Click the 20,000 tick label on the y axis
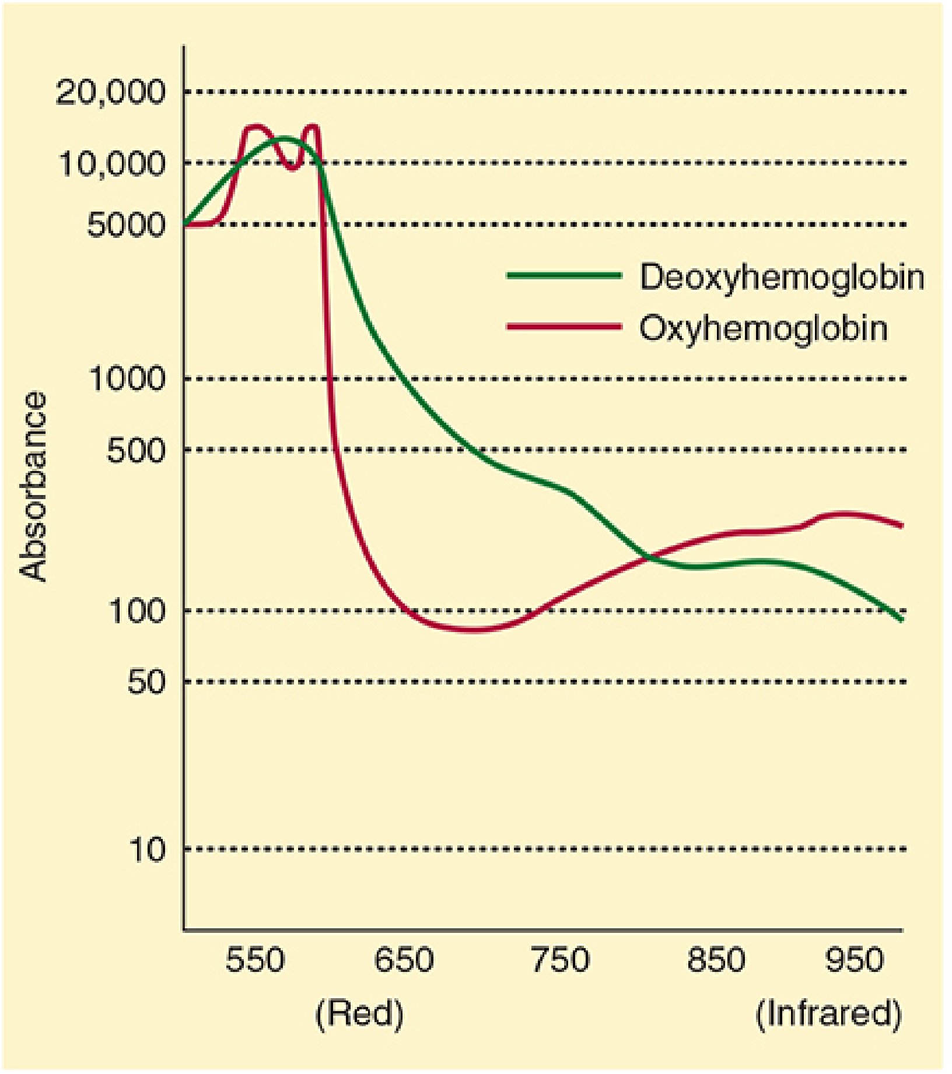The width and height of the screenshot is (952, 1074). point(111,92)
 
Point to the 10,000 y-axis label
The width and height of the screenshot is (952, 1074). point(112,163)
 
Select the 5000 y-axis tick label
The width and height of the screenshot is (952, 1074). point(126,225)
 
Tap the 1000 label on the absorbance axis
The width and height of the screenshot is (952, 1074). point(128,379)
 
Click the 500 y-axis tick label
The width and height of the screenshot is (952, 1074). point(136,450)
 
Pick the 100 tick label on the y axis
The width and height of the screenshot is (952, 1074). point(137,611)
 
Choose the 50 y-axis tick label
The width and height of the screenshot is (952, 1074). point(146,681)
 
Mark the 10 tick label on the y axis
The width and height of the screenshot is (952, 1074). point(147,850)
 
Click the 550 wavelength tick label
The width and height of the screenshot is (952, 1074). point(255,960)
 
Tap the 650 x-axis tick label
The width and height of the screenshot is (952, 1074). point(404,960)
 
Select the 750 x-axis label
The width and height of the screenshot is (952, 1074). point(561,960)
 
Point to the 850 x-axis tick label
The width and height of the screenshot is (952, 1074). point(716,960)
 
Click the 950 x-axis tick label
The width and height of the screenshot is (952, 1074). point(855,960)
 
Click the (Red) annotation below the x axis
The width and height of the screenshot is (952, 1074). point(359,1015)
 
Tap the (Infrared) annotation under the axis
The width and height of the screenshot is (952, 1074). point(828,1015)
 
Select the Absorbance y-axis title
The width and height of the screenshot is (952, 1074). point(33,486)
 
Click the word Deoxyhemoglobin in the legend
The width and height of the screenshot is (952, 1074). point(782,276)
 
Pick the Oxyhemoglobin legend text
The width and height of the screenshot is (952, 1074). point(764,328)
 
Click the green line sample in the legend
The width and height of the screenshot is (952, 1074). point(564,276)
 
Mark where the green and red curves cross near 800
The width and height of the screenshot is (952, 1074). point(646,558)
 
